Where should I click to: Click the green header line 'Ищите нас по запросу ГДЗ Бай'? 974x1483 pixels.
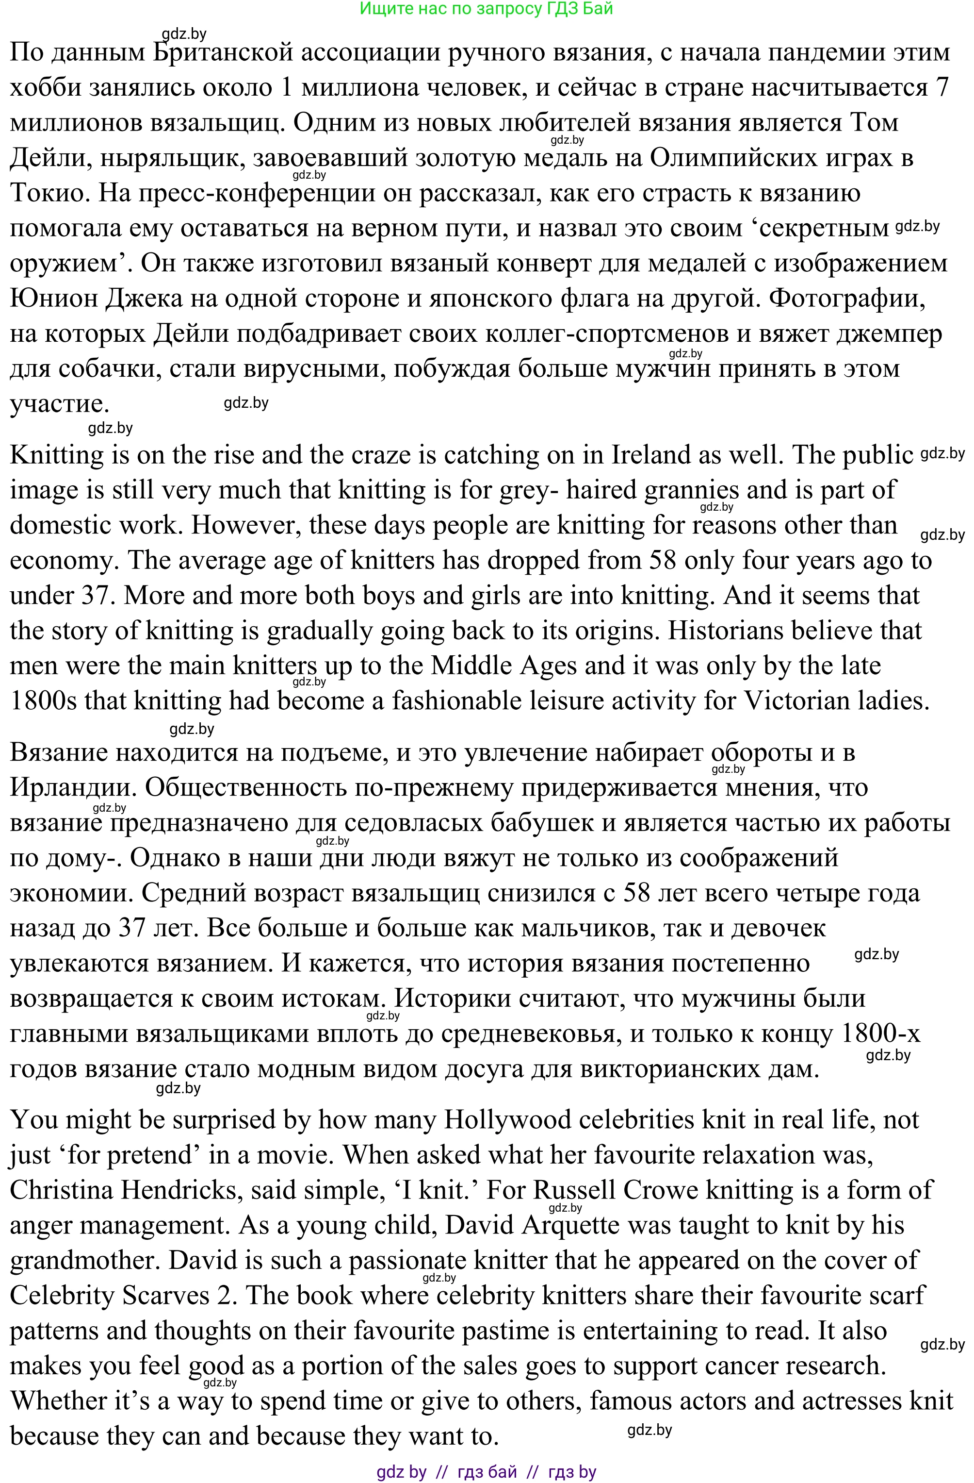487,9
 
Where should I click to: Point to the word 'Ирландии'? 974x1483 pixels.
72,788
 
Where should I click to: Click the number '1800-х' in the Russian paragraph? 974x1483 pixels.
880,1034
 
